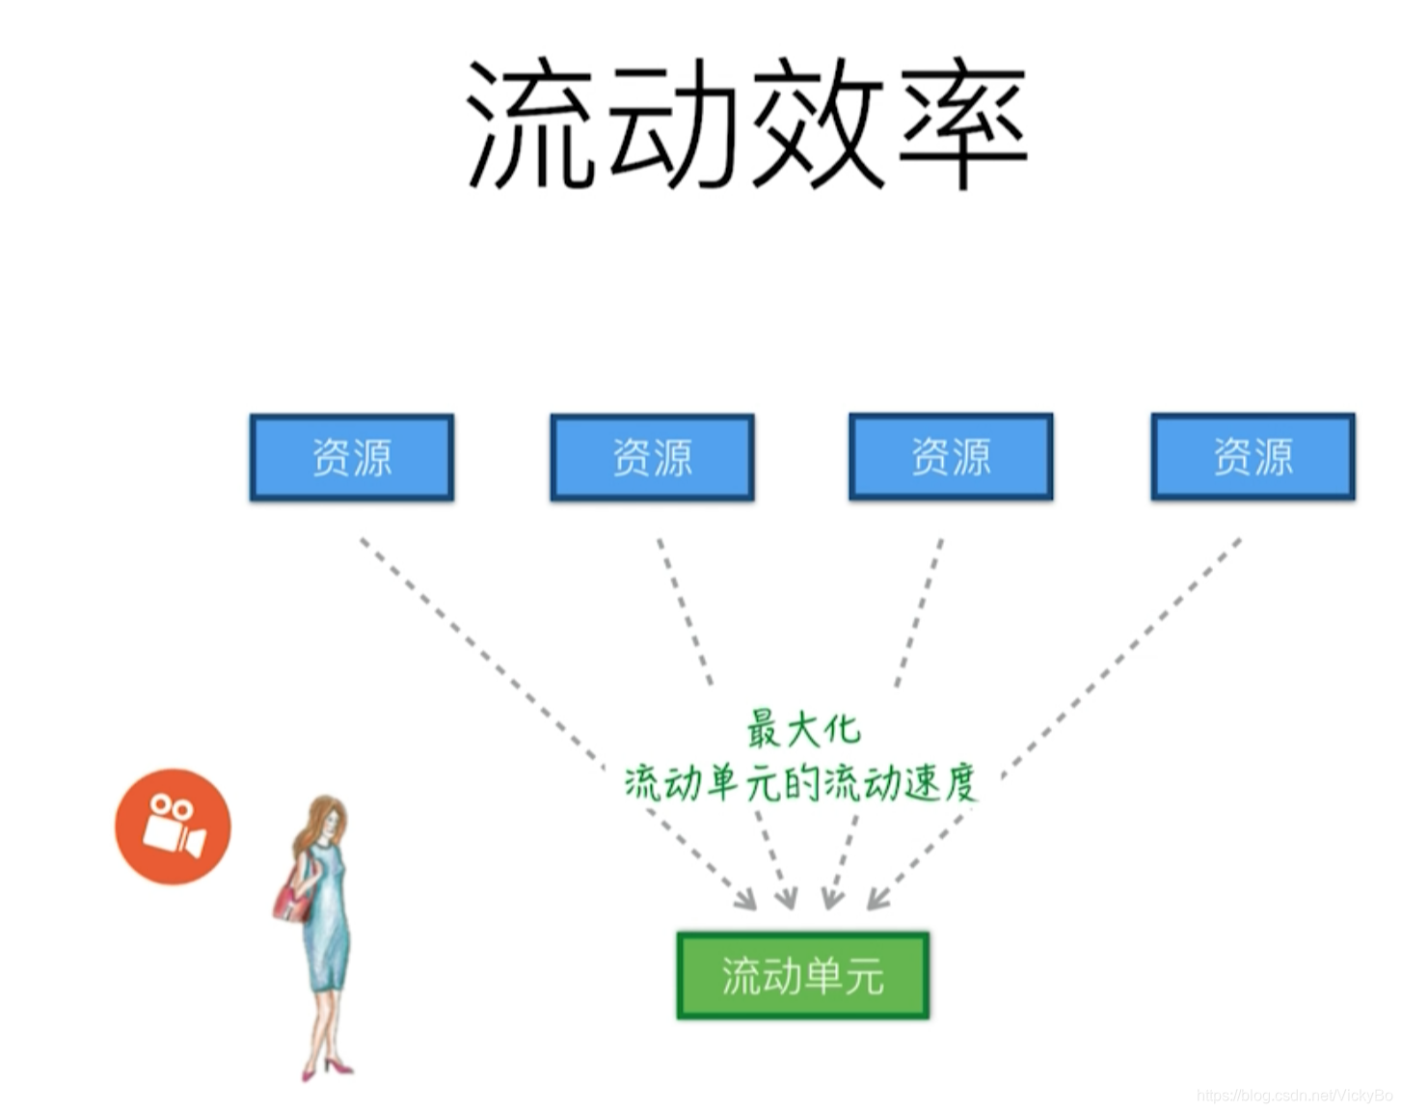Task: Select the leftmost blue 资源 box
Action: point(352,457)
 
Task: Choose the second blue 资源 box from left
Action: point(652,457)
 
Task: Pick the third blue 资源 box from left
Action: point(951,456)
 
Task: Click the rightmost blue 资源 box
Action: point(1253,456)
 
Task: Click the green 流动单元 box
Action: point(802,975)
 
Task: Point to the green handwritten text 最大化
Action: point(802,729)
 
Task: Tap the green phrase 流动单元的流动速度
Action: point(800,782)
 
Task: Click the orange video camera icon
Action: point(173,827)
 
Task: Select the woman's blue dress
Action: point(326,926)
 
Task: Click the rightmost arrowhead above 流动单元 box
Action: point(876,900)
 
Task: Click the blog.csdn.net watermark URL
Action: point(1293,1096)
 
